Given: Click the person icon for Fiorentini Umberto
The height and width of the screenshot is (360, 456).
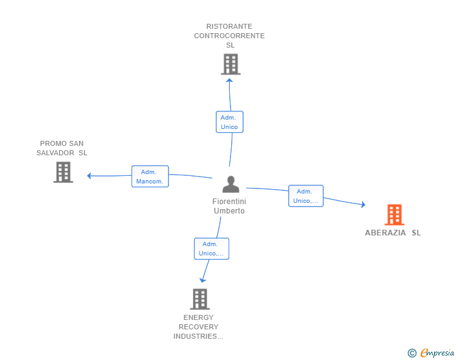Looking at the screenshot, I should [x=231, y=185].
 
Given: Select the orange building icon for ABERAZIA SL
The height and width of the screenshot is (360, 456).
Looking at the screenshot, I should [x=394, y=215].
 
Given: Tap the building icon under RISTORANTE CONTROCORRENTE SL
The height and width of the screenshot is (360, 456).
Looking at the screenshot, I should [x=231, y=64].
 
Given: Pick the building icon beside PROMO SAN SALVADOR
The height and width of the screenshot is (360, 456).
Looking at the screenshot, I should [x=63, y=172].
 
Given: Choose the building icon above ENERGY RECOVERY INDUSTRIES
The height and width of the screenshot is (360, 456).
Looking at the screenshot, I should [x=199, y=299].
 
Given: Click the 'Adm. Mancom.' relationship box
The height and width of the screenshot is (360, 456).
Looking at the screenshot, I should [x=150, y=177].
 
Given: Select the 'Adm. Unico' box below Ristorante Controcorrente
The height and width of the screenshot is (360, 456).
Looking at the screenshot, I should [x=229, y=122].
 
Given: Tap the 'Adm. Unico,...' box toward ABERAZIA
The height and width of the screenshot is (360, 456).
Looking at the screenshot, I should [x=306, y=196].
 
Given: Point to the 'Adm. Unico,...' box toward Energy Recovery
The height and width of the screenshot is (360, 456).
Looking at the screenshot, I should [x=211, y=249].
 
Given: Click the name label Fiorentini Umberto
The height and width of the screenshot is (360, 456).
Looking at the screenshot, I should [x=229, y=206].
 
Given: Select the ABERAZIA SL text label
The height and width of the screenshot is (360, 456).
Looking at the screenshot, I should [x=393, y=233].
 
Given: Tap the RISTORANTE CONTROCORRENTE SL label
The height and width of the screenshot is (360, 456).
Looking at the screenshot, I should [x=229, y=36].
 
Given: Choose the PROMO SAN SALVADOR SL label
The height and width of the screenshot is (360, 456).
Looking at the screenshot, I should [x=62, y=148].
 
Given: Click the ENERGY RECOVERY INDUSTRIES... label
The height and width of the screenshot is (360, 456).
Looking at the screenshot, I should [x=199, y=327].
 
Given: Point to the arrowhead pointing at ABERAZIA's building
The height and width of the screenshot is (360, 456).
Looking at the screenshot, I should [x=363, y=204].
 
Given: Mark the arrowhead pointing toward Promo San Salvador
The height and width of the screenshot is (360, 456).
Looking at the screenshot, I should [x=90, y=175].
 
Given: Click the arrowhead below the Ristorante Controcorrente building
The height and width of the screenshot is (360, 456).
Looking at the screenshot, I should [x=229, y=80].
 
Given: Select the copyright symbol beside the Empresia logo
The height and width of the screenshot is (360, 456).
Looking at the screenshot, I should [x=412, y=353].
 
